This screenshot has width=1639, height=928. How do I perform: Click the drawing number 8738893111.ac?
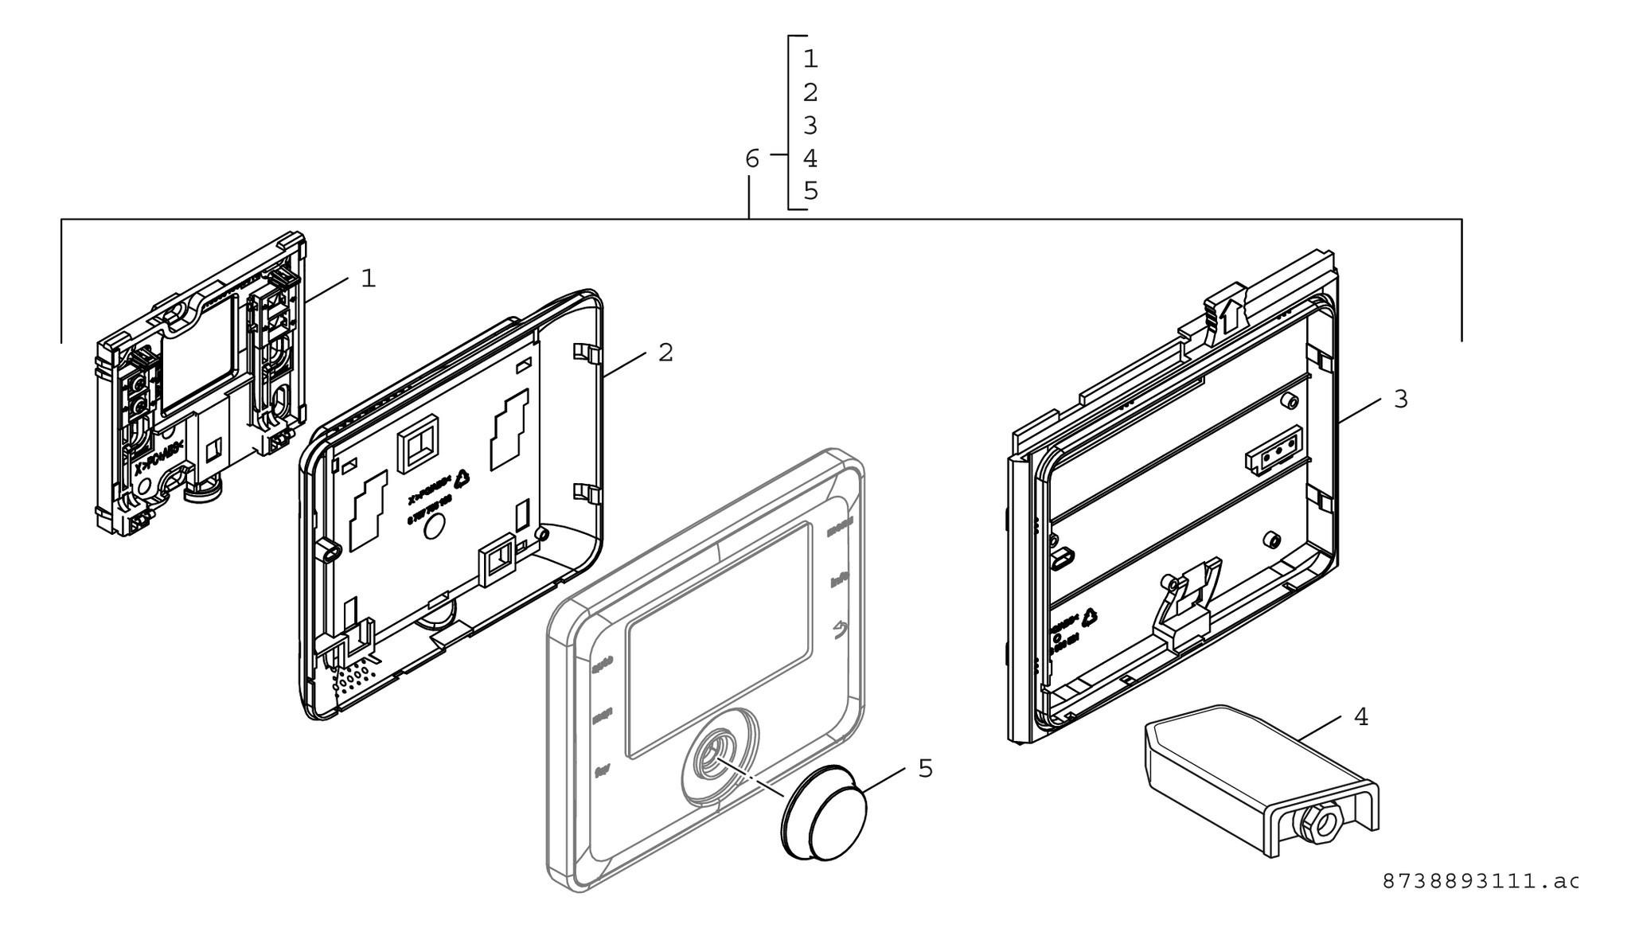click(1480, 881)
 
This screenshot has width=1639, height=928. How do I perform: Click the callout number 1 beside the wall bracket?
click(368, 279)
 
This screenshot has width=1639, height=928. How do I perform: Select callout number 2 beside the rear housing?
click(665, 353)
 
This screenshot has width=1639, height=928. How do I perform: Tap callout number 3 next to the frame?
click(1400, 400)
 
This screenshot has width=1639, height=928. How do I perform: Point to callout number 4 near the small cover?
click(1361, 717)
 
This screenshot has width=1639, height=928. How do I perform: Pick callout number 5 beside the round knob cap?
click(925, 769)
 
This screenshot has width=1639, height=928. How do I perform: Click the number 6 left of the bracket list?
click(752, 159)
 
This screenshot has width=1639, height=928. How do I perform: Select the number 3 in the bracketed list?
click(810, 126)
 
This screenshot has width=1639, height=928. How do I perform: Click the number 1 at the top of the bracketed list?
click(810, 59)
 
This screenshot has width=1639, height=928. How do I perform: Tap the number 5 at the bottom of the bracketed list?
click(810, 192)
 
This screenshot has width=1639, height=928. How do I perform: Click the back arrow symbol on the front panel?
click(840, 631)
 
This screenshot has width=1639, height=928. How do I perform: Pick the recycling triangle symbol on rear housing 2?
click(462, 478)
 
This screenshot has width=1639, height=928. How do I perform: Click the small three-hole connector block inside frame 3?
click(1273, 450)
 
